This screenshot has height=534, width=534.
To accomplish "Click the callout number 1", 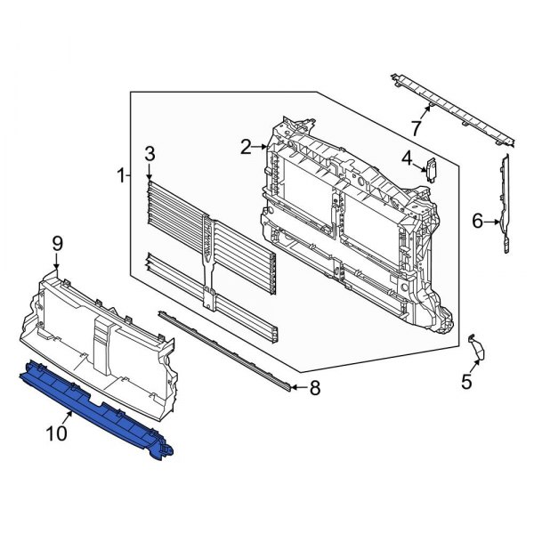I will point(121,176).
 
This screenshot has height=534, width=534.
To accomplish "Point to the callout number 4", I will point(406,159).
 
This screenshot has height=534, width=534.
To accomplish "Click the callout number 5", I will point(466,383).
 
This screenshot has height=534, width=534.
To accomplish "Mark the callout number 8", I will point(313,387).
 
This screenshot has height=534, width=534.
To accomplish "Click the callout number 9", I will point(57,242).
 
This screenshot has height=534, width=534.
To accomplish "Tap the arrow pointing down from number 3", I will point(150,171).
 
